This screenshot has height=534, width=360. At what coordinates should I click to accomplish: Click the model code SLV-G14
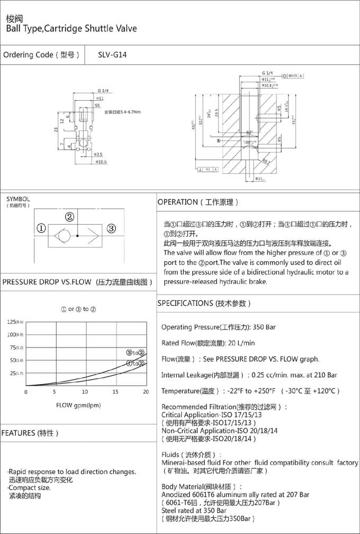pos(112,55)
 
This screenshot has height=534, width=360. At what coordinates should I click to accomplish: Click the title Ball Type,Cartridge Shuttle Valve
pos(71,28)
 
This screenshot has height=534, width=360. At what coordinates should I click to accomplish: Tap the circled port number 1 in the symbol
pos(41,229)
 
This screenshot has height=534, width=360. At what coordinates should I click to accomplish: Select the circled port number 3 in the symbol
pos(111,229)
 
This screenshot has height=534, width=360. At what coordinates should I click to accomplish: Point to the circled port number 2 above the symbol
pos(69,217)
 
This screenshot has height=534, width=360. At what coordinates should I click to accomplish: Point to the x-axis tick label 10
pos(85,392)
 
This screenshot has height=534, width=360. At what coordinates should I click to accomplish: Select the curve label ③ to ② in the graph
pos(135,353)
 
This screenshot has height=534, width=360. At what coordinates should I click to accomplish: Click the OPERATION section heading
pos(198,202)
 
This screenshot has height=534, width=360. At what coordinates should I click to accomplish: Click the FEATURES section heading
pos(30,433)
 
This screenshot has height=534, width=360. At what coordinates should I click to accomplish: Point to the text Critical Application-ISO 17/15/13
pos(211,415)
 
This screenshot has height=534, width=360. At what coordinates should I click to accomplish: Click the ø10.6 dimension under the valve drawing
pos(102,162)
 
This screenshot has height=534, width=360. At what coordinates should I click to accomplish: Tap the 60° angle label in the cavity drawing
pos(249,132)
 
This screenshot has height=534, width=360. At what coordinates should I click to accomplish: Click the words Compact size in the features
pos(31,487)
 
